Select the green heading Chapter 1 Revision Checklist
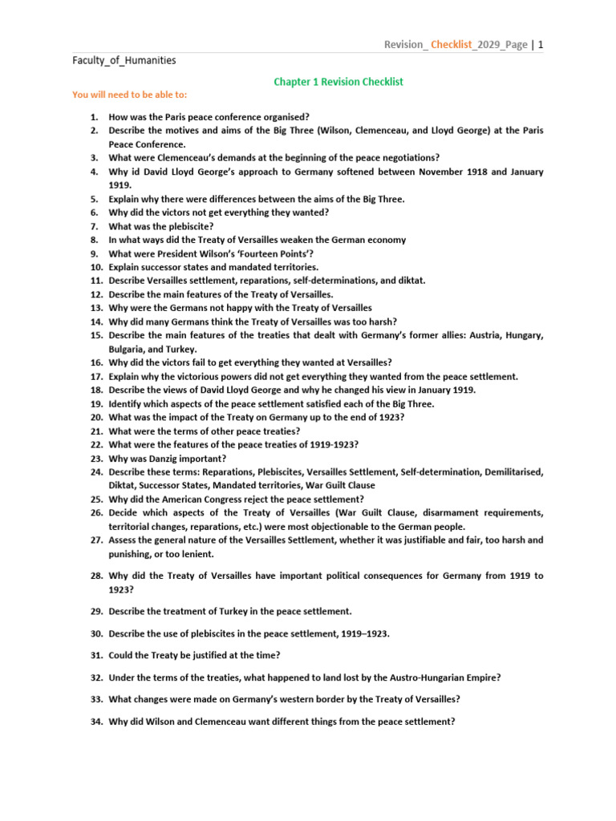(338, 82)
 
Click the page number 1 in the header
(541, 45)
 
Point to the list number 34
(96, 722)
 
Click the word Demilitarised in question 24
(513, 472)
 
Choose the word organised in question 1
(288, 117)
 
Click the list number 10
(96, 267)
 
